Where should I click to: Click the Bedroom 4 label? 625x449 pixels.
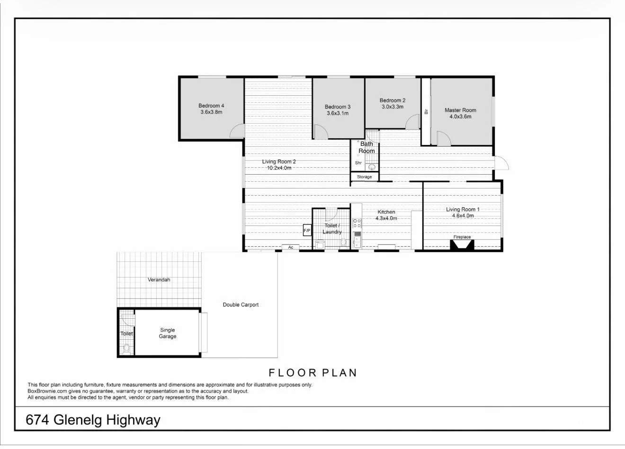click(x=211, y=106)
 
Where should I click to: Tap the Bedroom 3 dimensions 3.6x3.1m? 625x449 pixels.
click(x=338, y=113)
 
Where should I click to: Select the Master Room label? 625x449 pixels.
click(x=460, y=110)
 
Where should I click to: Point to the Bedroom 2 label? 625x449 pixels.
click(x=393, y=100)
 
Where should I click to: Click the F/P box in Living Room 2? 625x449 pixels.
click(x=307, y=231)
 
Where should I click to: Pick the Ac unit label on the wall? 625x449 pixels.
click(x=291, y=247)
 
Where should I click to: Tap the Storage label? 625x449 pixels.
click(x=365, y=177)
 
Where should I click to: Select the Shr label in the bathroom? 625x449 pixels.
click(x=358, y=163)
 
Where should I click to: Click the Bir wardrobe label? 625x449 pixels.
click(x=426, y=112)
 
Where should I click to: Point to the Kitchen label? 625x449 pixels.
click(x=386, y=212)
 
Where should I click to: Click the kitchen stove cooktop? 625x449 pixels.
click(x=357, y=223)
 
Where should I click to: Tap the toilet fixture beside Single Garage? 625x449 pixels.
click(x=126, y=349)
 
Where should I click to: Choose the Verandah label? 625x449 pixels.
click(x=159, y=280)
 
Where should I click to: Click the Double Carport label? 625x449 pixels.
click(x=241, y=305)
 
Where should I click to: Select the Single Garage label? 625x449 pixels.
click(x=167, y=333)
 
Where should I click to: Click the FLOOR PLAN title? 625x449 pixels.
click(x=312, y=373)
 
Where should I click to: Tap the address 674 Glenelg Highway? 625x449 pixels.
click(x=93, y=420)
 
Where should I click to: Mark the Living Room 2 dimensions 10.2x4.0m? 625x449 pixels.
click(x=279, y=168)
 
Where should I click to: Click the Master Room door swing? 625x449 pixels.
click(x=443, y=139)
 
